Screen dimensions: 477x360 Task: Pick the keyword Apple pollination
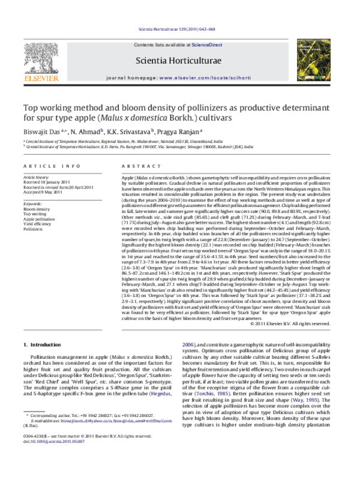(x=39, y=219)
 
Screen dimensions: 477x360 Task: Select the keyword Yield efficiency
(x=38, y=224)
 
